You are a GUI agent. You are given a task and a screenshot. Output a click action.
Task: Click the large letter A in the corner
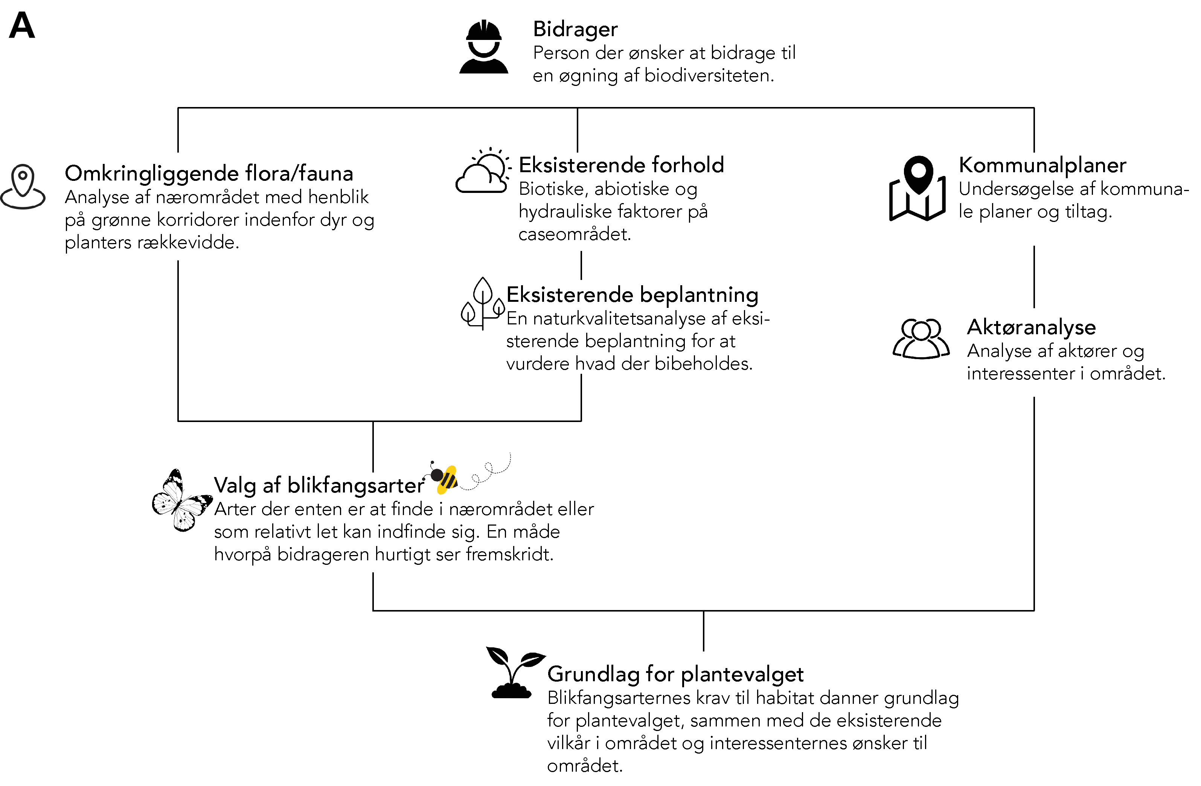pos(22,26)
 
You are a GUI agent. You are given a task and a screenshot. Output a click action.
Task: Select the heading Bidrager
pos(575,29)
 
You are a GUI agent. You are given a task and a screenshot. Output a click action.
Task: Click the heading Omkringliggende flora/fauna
pos(209,173)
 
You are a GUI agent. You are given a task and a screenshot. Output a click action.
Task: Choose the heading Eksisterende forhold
pos(621,165)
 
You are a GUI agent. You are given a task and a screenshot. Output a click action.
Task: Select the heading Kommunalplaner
pos(1042,165)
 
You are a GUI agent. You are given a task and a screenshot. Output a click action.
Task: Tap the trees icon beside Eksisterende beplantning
pos(482,303)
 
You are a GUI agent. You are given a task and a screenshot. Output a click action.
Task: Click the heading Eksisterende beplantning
pos(632,295)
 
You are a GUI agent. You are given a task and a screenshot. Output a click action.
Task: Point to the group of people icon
pos(921,338)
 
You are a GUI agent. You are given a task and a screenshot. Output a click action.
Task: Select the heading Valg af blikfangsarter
pos(319,485)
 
